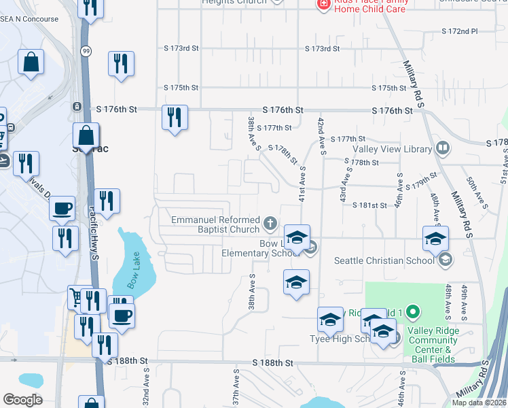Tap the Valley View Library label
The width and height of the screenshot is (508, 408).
point(392,149)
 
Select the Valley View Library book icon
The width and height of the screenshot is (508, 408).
point(443,148)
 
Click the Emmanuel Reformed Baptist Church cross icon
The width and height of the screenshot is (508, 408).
point(270,222)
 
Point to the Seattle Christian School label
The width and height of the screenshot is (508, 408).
point(384,260)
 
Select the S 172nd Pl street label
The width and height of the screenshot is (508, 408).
point(460,31)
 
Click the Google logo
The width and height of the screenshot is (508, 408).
point(22,399)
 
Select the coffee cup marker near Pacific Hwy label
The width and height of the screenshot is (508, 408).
point(62,208)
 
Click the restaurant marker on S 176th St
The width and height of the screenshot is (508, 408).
point(175,117)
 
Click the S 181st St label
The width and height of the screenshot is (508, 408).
point(369,205)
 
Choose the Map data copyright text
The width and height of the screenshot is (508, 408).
point(479,403)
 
